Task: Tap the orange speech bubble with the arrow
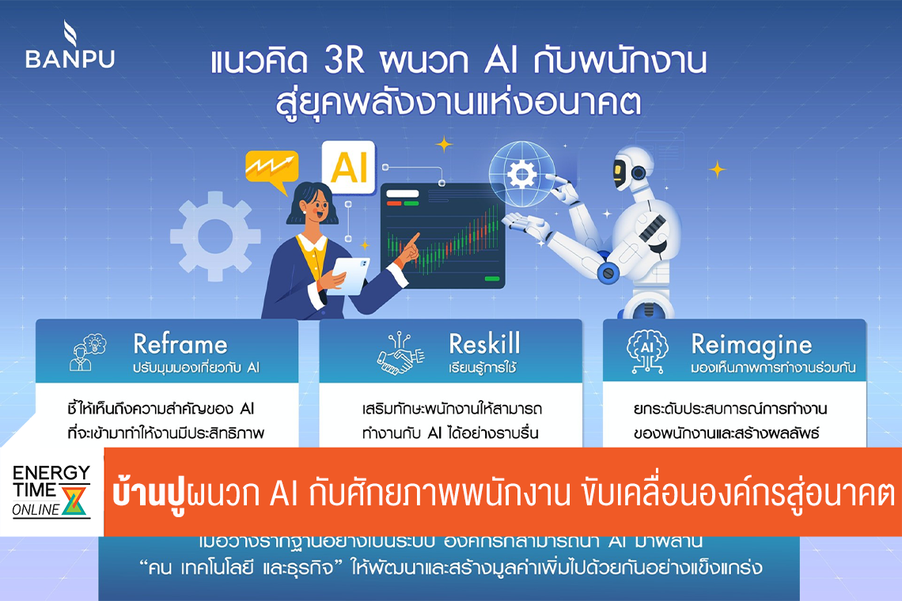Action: click(271, 170)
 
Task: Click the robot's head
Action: click(632, 171)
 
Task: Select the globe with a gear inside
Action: click(521, 172)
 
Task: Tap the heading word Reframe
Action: click(180, 344)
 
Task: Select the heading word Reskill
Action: click(484, 344)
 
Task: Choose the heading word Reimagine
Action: click(751, 344)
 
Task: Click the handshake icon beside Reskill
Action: click(401, 353)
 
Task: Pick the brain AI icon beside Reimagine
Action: click(646, 353)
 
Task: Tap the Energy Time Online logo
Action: click(51, 491)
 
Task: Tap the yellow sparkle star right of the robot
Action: click(717, 168)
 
